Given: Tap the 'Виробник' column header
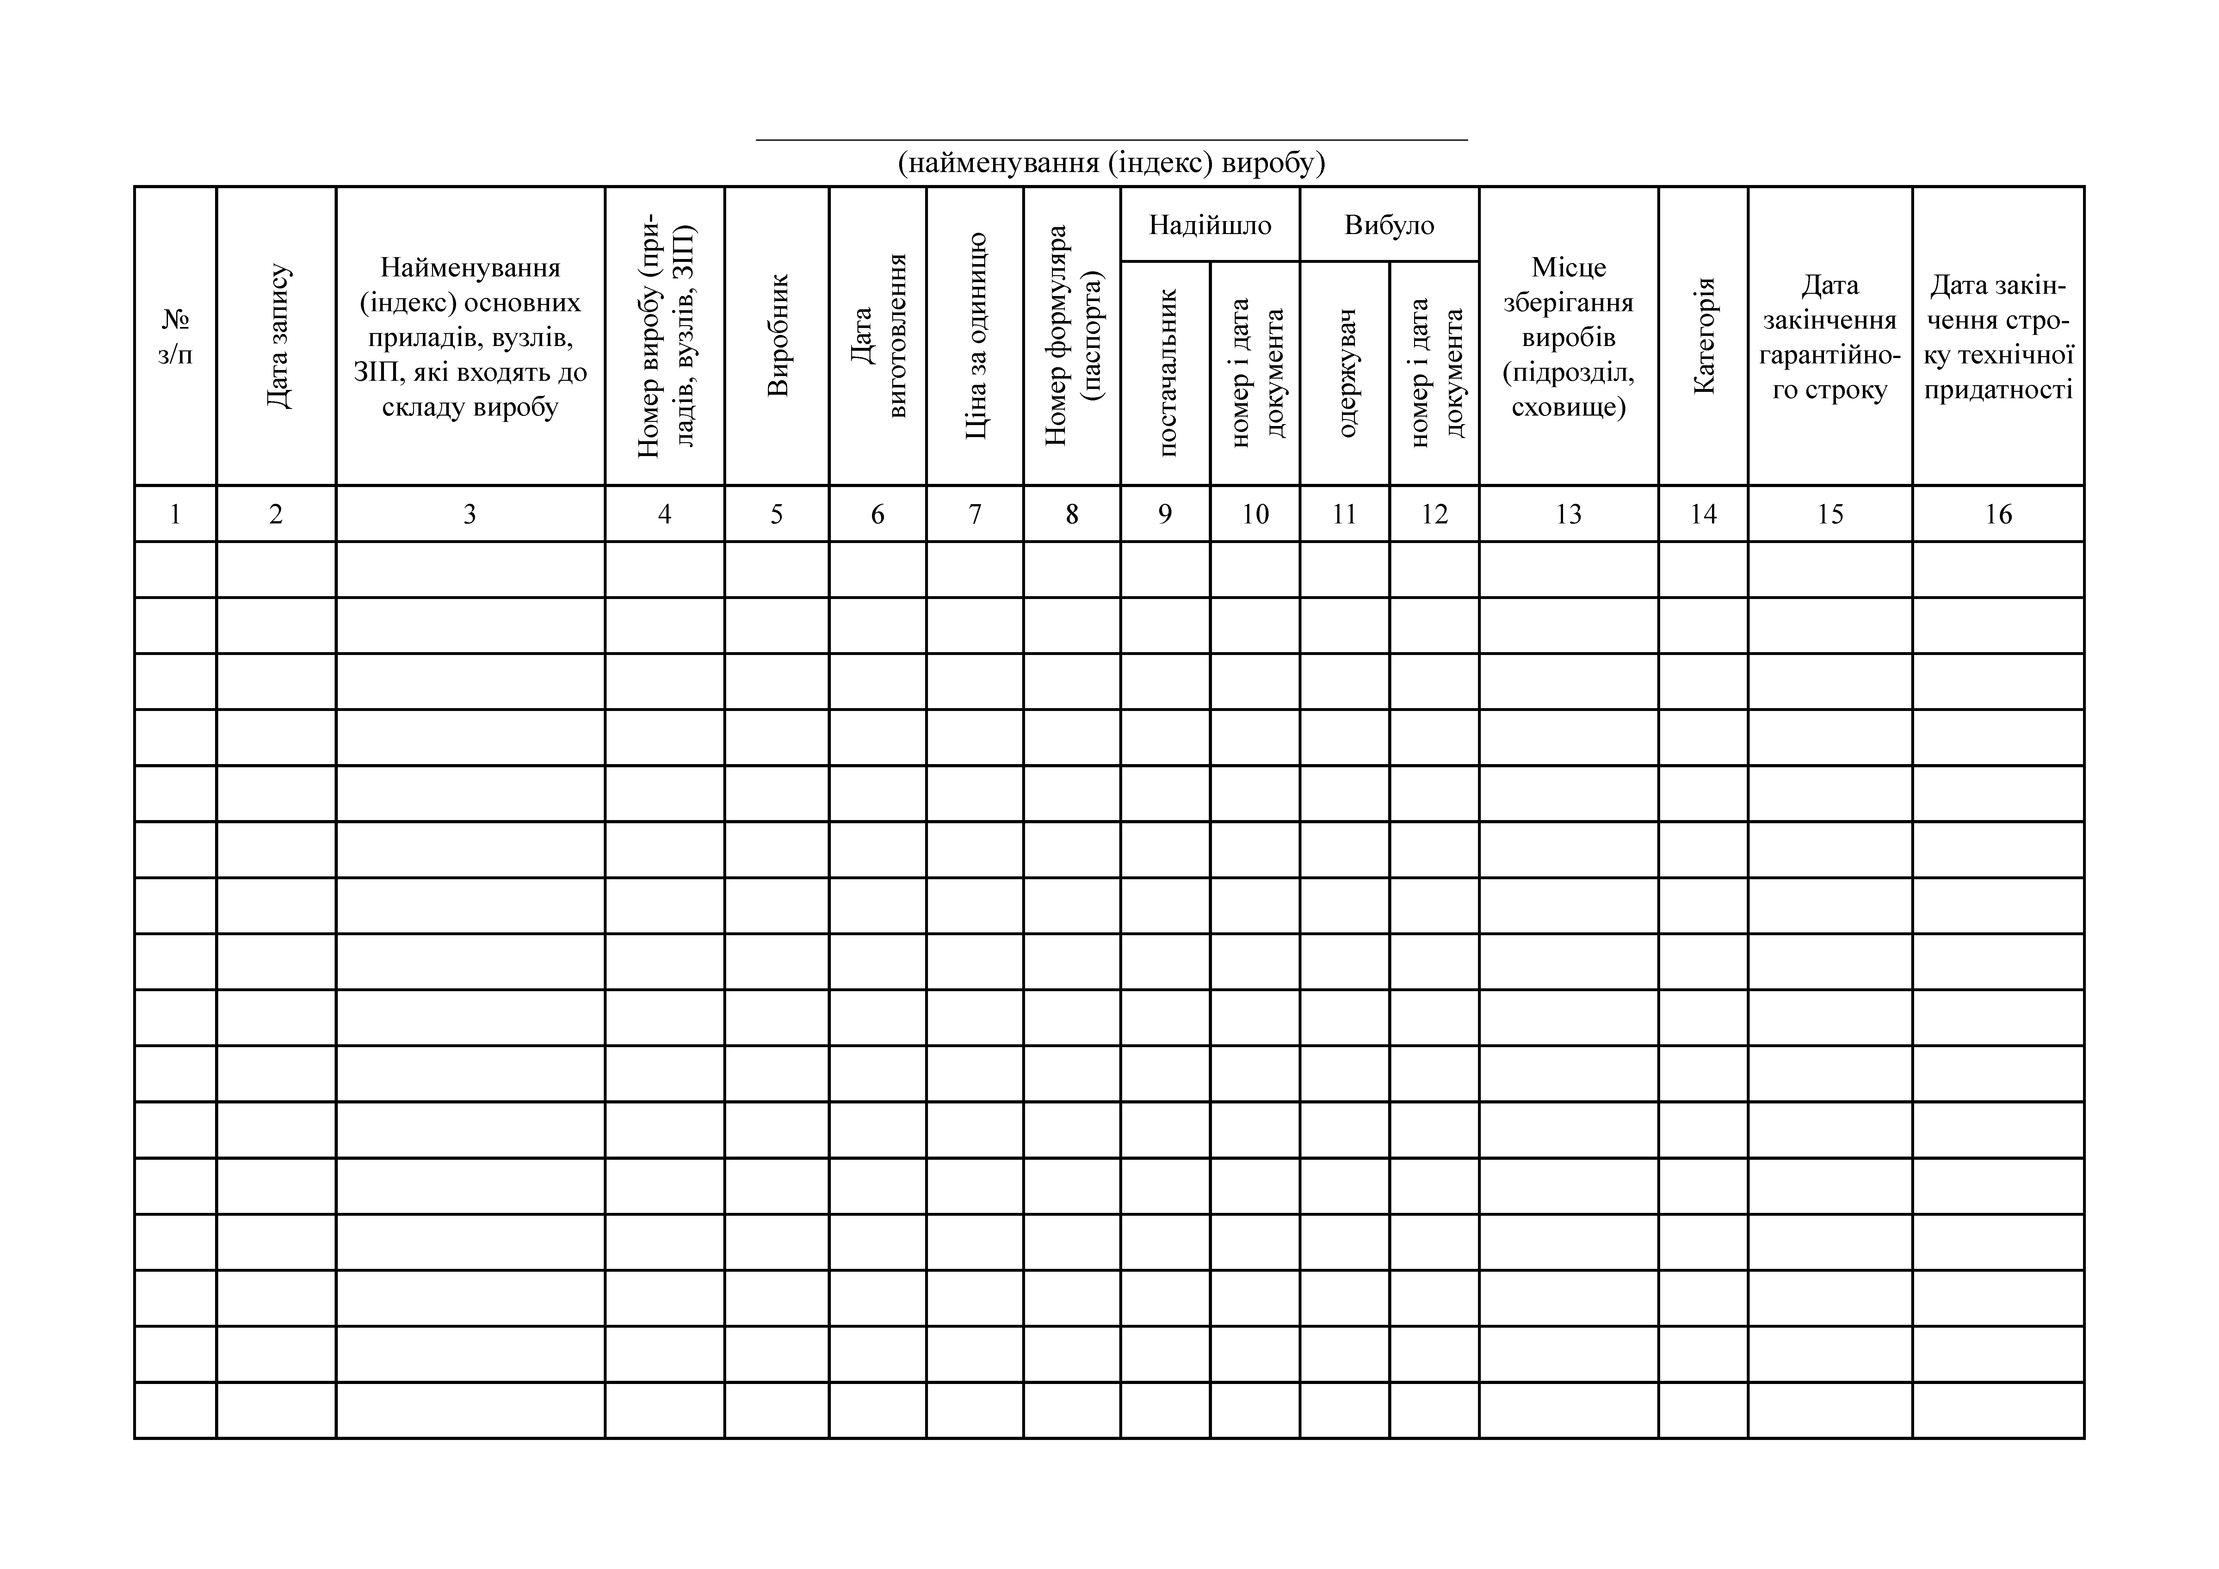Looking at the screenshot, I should (777, 336).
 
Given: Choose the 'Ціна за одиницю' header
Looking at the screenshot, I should (975, 336).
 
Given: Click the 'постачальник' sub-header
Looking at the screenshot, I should (1165, 372).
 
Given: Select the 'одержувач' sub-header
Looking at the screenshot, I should (1345, 372).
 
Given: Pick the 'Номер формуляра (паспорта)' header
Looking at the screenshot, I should (1072, 336).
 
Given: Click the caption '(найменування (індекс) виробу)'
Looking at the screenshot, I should (1111, 163).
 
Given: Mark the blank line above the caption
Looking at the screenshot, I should (1111, 139).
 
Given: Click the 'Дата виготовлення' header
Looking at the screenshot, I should (878, 336).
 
